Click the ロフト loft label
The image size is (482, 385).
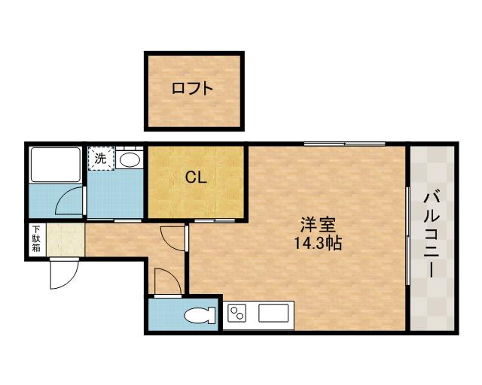point(193,89)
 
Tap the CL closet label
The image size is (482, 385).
point(196,177)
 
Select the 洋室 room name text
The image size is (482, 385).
point(318,225)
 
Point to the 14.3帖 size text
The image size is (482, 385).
point(318,243)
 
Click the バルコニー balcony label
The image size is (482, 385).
point(432,235)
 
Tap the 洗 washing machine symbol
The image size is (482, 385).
point(101,158)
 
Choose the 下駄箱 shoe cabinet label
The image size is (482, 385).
point(37,238)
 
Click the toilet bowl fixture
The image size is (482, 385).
point(200,315)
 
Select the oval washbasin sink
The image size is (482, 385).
point(130,159)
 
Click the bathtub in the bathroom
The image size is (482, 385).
point(56,165)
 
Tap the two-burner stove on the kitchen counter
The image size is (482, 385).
point(236,313)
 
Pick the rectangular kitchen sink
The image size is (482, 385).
point(273,313)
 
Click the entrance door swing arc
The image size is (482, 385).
point(72,280)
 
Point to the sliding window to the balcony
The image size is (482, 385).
point(407,235)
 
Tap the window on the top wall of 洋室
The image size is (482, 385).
point(345,144)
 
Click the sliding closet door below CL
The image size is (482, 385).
point(215,220)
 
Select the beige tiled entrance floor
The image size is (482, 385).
point(66,239)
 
